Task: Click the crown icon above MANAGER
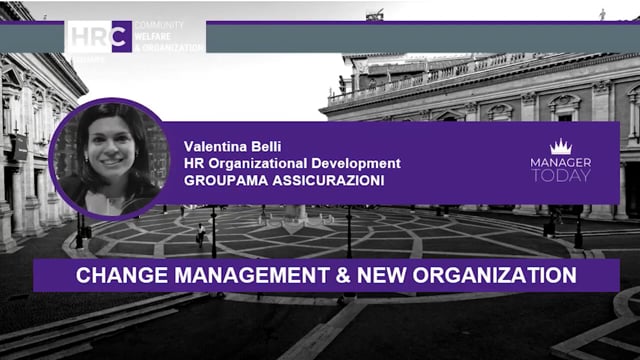tap(561, 147)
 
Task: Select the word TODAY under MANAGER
tap(561, 176)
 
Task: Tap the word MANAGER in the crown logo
tap(561, 162)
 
